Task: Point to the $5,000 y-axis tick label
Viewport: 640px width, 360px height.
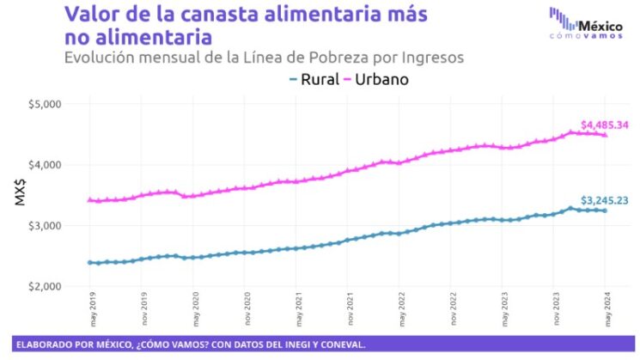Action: click(44, 104)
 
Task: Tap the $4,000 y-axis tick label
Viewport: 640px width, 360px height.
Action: click(44, 165)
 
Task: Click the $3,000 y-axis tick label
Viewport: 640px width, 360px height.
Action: click(44, 225)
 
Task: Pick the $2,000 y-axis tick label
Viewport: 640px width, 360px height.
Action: click(44, 286)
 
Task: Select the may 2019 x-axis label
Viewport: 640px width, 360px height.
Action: click(92, 308)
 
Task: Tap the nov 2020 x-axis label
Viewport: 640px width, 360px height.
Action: click(247, 308)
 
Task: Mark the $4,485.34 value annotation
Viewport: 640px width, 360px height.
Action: click(605, 125)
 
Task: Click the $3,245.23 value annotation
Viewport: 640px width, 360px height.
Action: click(605, 200)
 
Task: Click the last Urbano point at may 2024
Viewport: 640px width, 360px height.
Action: click(605, 135)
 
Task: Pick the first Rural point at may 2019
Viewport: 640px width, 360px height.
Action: click(90, 262)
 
